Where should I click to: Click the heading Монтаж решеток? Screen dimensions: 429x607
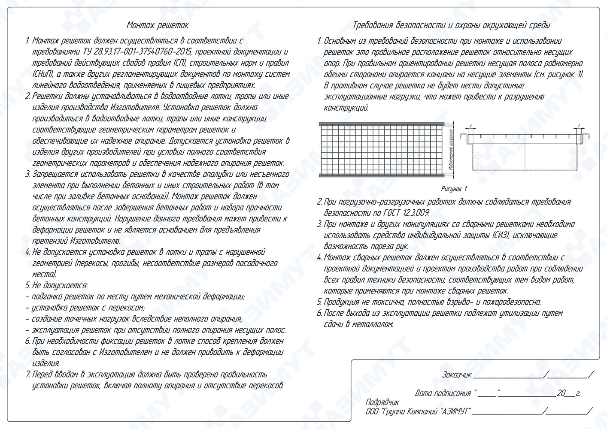[158, 25]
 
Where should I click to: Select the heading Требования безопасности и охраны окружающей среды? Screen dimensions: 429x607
[451, 25]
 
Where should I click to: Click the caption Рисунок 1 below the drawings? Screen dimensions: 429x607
[454, 189]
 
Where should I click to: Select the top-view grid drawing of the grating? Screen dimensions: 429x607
[382, 148]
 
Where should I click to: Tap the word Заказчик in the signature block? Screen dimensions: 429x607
[457, 375]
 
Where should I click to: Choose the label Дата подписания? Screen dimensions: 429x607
[443, 393]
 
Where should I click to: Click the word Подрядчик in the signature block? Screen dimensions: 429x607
[382, 403]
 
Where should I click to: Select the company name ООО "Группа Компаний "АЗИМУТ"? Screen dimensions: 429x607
[417, 412]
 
